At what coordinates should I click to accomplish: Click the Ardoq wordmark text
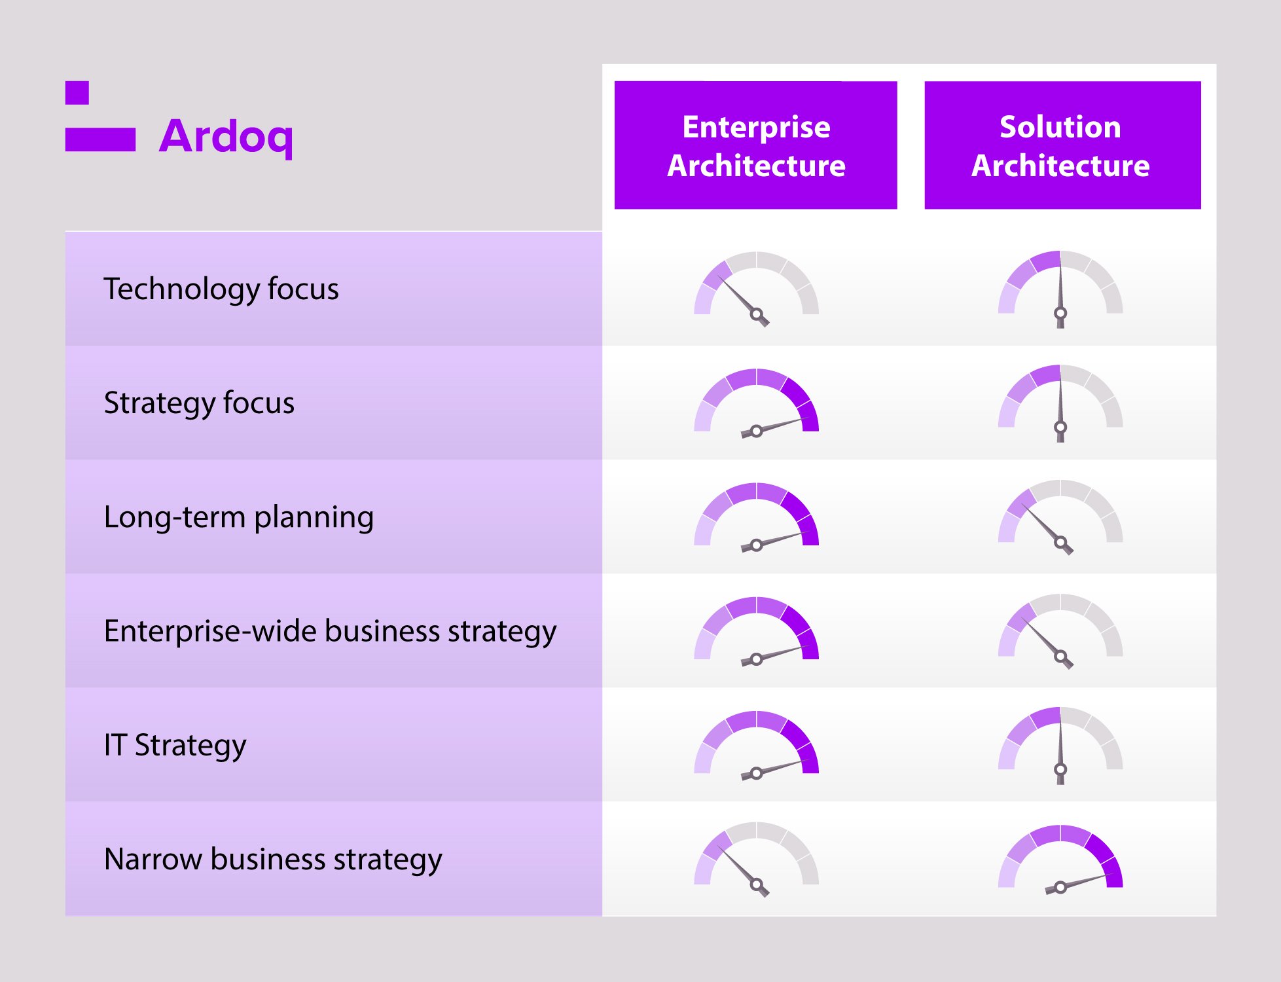pyautogui.click(x=226, y=136)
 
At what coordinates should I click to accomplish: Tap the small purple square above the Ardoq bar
pyautogui.click(x=77, y=93)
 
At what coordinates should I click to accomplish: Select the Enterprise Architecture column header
pyautogui.click(x=755, y=145)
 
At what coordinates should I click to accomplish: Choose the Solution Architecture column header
pyautogui.click(x=1062, y=145)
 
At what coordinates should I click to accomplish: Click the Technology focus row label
pyautogui.click(x=221, y=289)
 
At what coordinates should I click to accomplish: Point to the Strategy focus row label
pyautogui.click(x=199, y=403)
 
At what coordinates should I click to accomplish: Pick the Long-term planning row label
pyautogui.click(x=239, y=517)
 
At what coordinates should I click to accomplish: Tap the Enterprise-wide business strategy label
pyautogui.click(x=330, y=631)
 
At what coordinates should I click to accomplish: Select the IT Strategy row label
pyautogui.click(x=175, y=745)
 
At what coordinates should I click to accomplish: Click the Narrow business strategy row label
pyautogui.click(x=273, y=859)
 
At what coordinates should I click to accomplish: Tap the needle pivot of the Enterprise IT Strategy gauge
pyautogui.click(x=756, y=773)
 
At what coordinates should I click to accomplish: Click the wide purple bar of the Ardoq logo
pyautogui.click(x=100, y=139)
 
